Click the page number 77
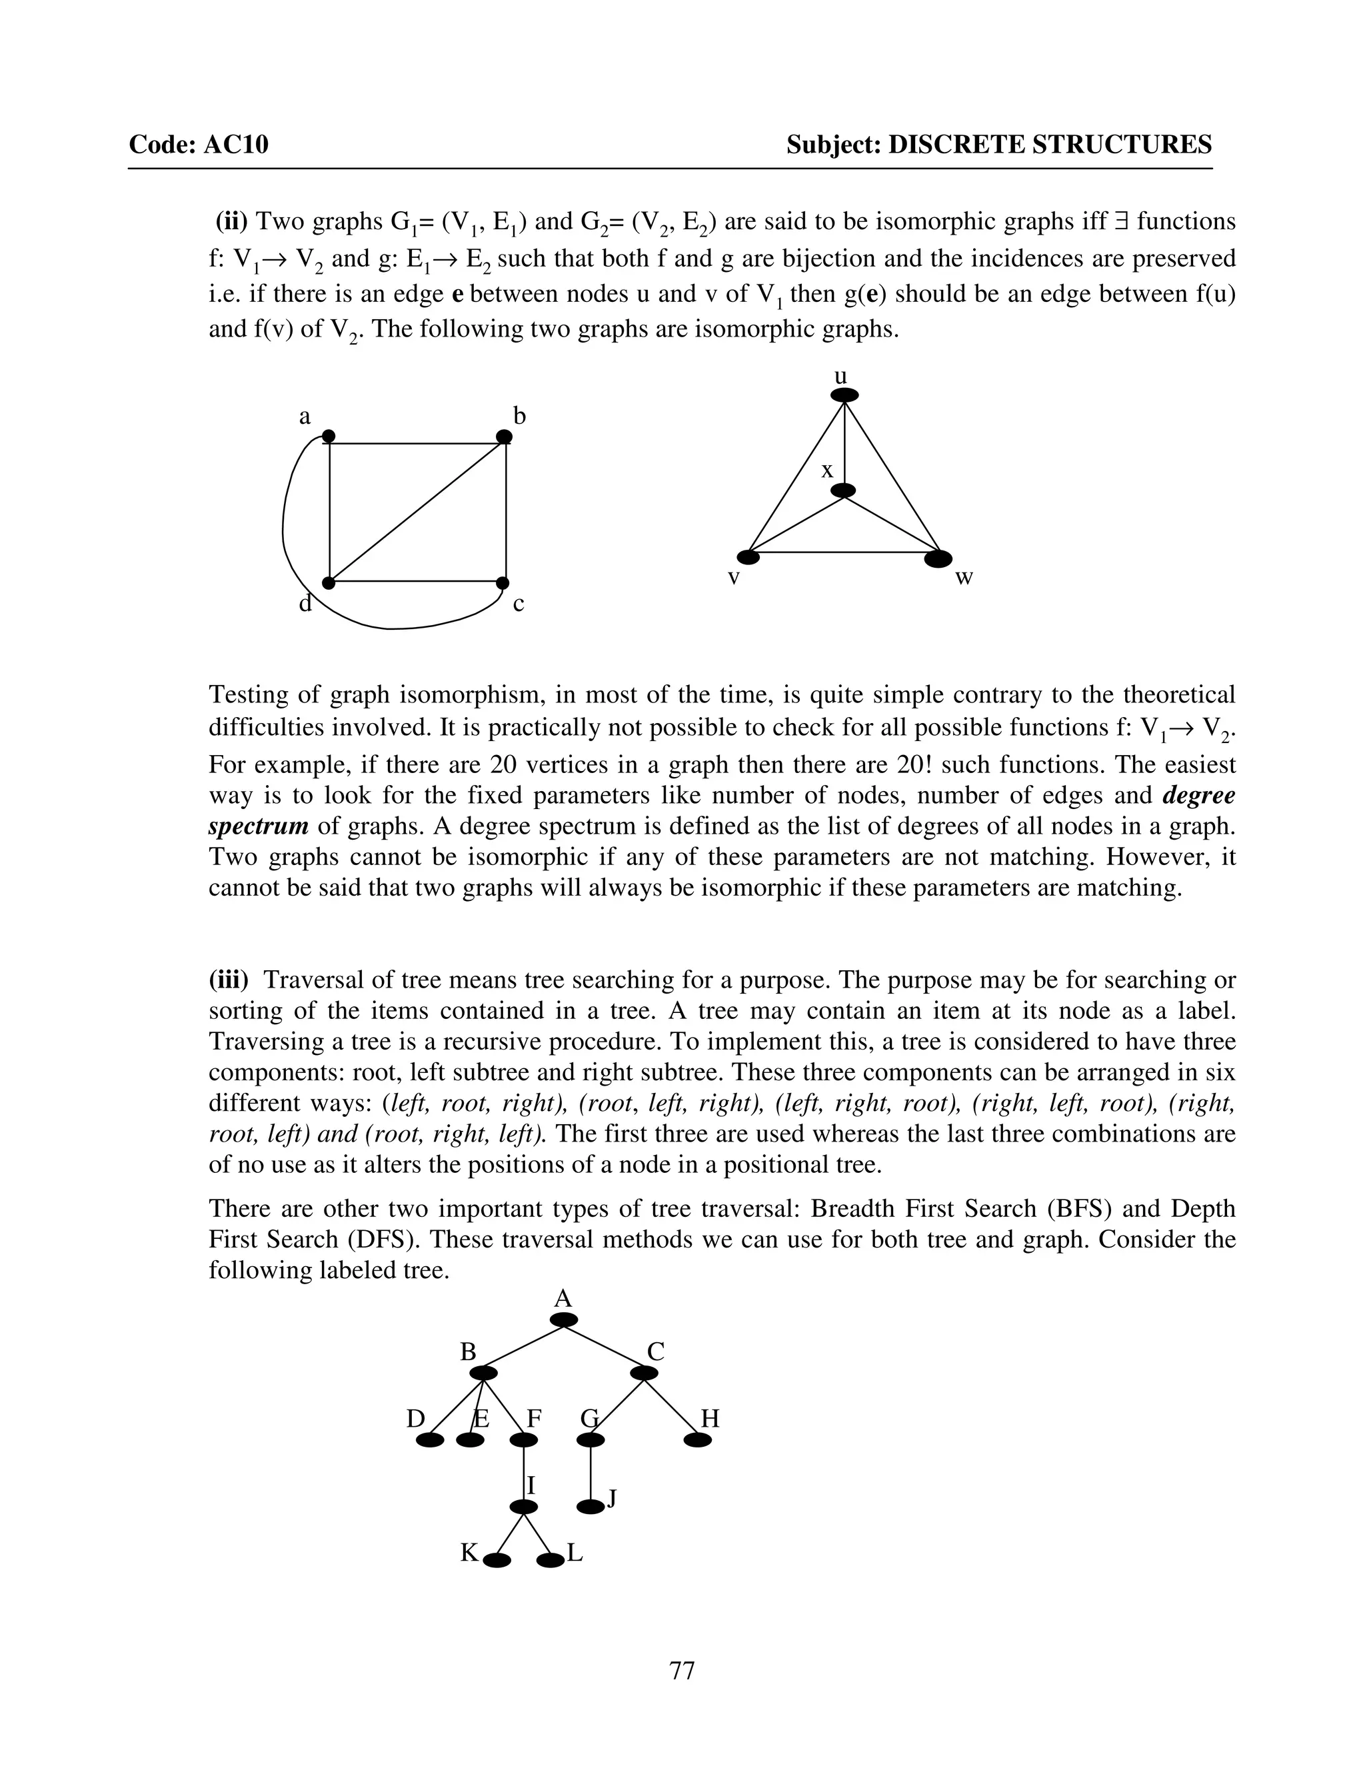click(x=682, y=1670)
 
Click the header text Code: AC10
click(x=198, y=145)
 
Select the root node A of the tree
click(x=564, y=1320)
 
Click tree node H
click(x=697, y=1440)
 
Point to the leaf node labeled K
click(x=497, y=1561)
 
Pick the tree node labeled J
click(x=591, y=1507)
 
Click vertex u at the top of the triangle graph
click(x=844, y=395)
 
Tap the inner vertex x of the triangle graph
click(x=843, y=491)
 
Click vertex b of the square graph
click(x=504, y=437)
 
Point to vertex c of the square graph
click(x=502, y=583)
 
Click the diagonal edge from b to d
click(x=417, y=511)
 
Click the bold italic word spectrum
click(x=258, y=826)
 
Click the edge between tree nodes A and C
click(x=605, y=1346)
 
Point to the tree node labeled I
click(x=524, y=1507)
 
